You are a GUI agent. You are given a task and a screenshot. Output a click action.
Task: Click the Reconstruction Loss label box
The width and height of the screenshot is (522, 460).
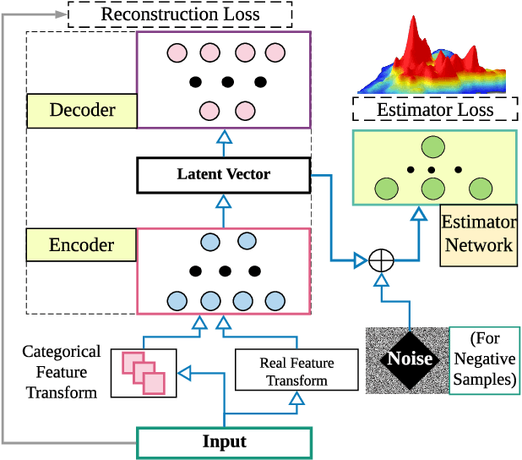coord(181,14)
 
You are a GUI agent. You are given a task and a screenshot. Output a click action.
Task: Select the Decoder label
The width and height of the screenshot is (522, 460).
coord(82,110)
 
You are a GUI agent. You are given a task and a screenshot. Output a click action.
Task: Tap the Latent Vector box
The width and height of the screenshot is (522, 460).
coord(223,174)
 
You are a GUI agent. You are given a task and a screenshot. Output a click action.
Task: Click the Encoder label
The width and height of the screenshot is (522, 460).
coord(82,245)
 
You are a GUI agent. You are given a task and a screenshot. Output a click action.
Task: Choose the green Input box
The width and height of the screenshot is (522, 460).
coord(224,442)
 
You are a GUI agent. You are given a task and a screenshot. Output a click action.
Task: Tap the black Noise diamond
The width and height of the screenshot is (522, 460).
coord(410,359)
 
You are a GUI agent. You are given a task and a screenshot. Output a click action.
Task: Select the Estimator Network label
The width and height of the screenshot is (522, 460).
coord(478,234)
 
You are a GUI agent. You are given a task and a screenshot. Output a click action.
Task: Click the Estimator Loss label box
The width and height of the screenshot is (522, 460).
coord(435,110)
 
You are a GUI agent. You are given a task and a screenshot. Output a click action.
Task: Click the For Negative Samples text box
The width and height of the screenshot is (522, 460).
coord(484,359)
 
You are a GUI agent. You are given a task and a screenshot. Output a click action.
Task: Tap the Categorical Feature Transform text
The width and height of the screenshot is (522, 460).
coord(61,372)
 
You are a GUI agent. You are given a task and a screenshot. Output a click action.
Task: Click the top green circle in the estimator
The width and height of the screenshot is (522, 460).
coord(433,146)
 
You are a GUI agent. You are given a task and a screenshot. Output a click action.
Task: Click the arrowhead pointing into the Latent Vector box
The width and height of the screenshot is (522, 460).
coord(224,200)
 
